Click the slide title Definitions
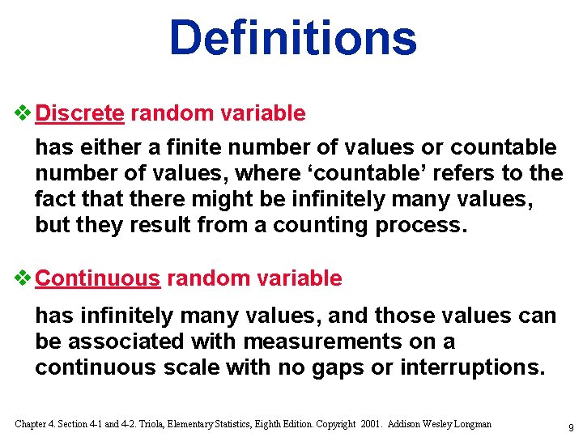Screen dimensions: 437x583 292,37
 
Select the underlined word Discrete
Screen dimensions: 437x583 80,113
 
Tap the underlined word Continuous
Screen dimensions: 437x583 99,278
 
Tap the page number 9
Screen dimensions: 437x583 571,426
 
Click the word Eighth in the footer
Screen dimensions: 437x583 267,424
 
